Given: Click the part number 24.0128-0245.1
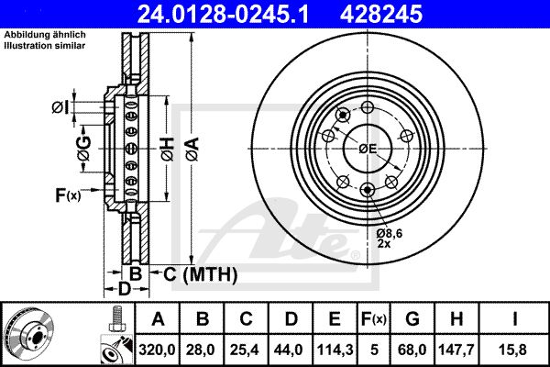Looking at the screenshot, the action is tap(223, 14).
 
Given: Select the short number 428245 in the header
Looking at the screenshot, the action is tap(381, 14).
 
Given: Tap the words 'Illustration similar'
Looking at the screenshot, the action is tap(45, 45).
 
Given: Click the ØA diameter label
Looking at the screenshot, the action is tap(192, 150).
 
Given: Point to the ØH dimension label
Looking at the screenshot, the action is tap(168, 150).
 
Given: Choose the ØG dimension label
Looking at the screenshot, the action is tap(84, 149).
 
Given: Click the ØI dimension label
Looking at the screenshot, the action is tap(60, 107).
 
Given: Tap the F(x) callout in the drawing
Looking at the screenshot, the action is tap(68, 195).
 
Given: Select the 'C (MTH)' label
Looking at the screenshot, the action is tap(200, 274).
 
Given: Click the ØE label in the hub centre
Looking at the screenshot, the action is tap(368, 149).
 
